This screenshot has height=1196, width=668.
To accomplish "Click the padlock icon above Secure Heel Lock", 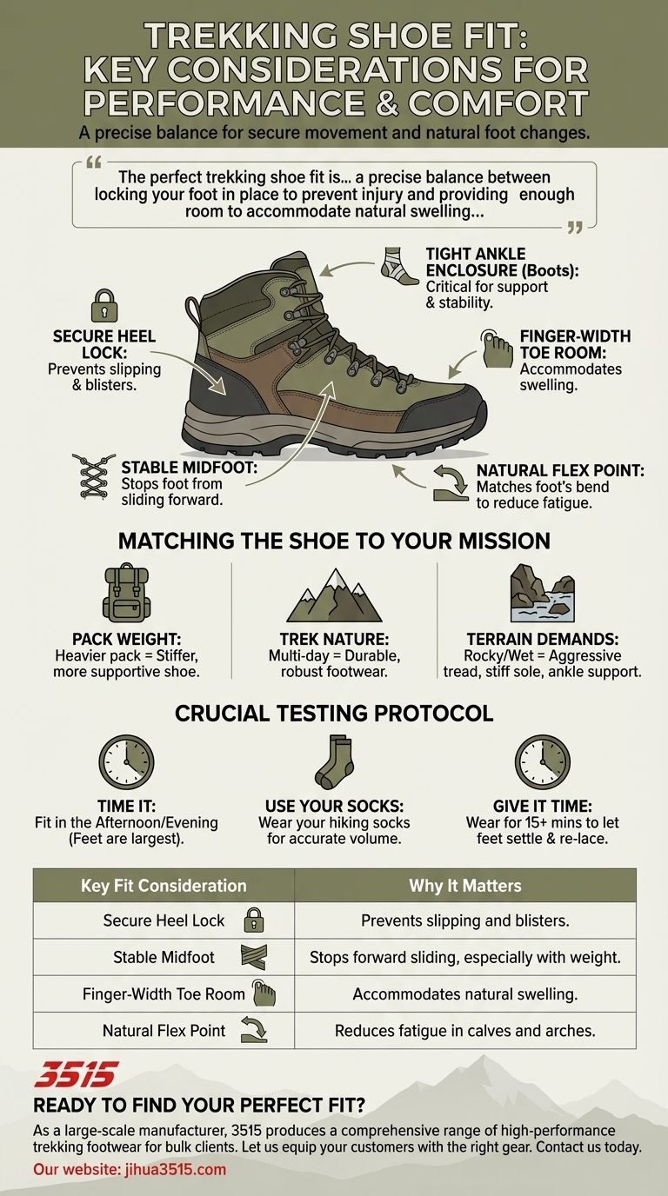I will (104, 306).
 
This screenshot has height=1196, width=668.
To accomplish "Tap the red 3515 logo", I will (75, 1075).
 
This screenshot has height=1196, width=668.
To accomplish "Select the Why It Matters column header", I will (465, 886).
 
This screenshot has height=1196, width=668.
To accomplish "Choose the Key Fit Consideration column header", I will (164, 886).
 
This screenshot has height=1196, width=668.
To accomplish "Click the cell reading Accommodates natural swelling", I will (465, 993).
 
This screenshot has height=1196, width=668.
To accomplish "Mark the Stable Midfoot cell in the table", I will (164, 957).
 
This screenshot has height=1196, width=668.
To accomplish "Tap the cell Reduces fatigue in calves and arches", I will (465, 1031).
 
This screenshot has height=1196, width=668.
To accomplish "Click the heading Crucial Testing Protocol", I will (334, 714).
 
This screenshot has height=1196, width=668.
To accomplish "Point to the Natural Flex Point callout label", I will (559, 471).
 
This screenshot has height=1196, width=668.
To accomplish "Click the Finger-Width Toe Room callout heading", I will (575, 345).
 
